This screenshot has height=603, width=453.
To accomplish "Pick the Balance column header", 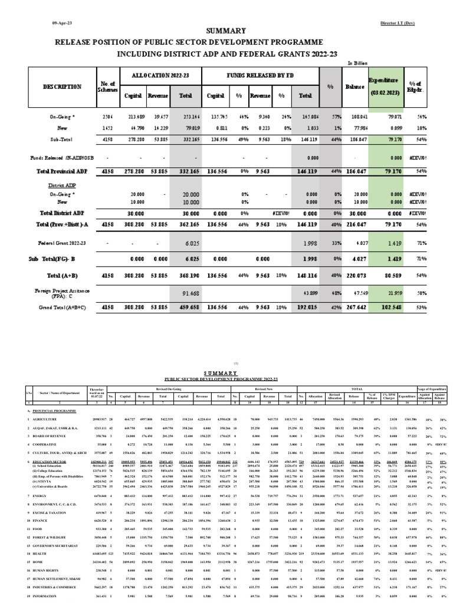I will point(356,87).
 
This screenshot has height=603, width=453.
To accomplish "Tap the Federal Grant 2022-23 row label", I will point(55,243).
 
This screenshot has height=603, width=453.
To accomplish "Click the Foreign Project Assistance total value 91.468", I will point(192,293).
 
